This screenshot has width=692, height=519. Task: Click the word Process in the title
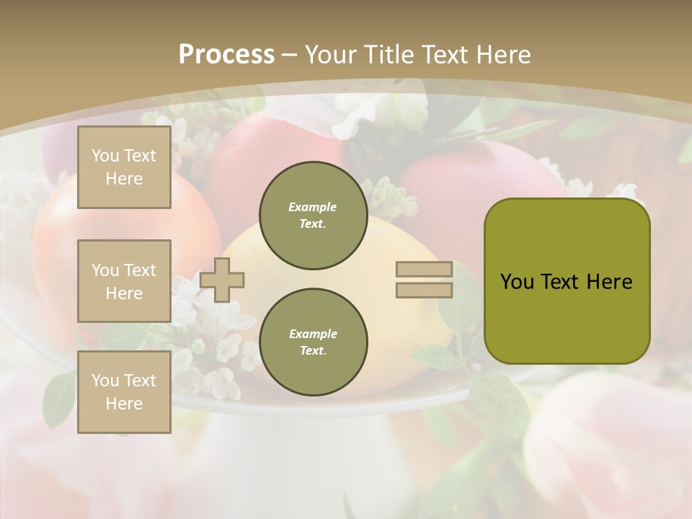click(226, 55)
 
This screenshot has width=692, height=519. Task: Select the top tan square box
click(124, 167)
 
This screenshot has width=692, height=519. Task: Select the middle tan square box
click(124, 281)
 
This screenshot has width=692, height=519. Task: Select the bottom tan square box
click(124, 392)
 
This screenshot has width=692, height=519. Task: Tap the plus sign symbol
click(222, 280)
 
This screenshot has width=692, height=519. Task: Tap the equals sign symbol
click(424, 280)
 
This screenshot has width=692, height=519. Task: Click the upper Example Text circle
click(313, 215)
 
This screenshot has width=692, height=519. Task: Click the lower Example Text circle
click(313, 342)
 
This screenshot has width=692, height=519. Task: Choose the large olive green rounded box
click(567, 281)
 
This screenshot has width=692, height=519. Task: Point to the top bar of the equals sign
click(424, 270)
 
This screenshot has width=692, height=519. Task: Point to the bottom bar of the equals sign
click(424, 290)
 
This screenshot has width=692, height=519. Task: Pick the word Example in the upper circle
click(313, 207)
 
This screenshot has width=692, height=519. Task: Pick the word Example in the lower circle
click(313, 334)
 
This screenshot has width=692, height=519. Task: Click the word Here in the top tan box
click(124, 179)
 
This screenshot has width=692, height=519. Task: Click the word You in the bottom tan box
click(105, 381)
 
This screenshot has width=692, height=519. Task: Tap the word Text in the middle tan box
click(140, 270)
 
